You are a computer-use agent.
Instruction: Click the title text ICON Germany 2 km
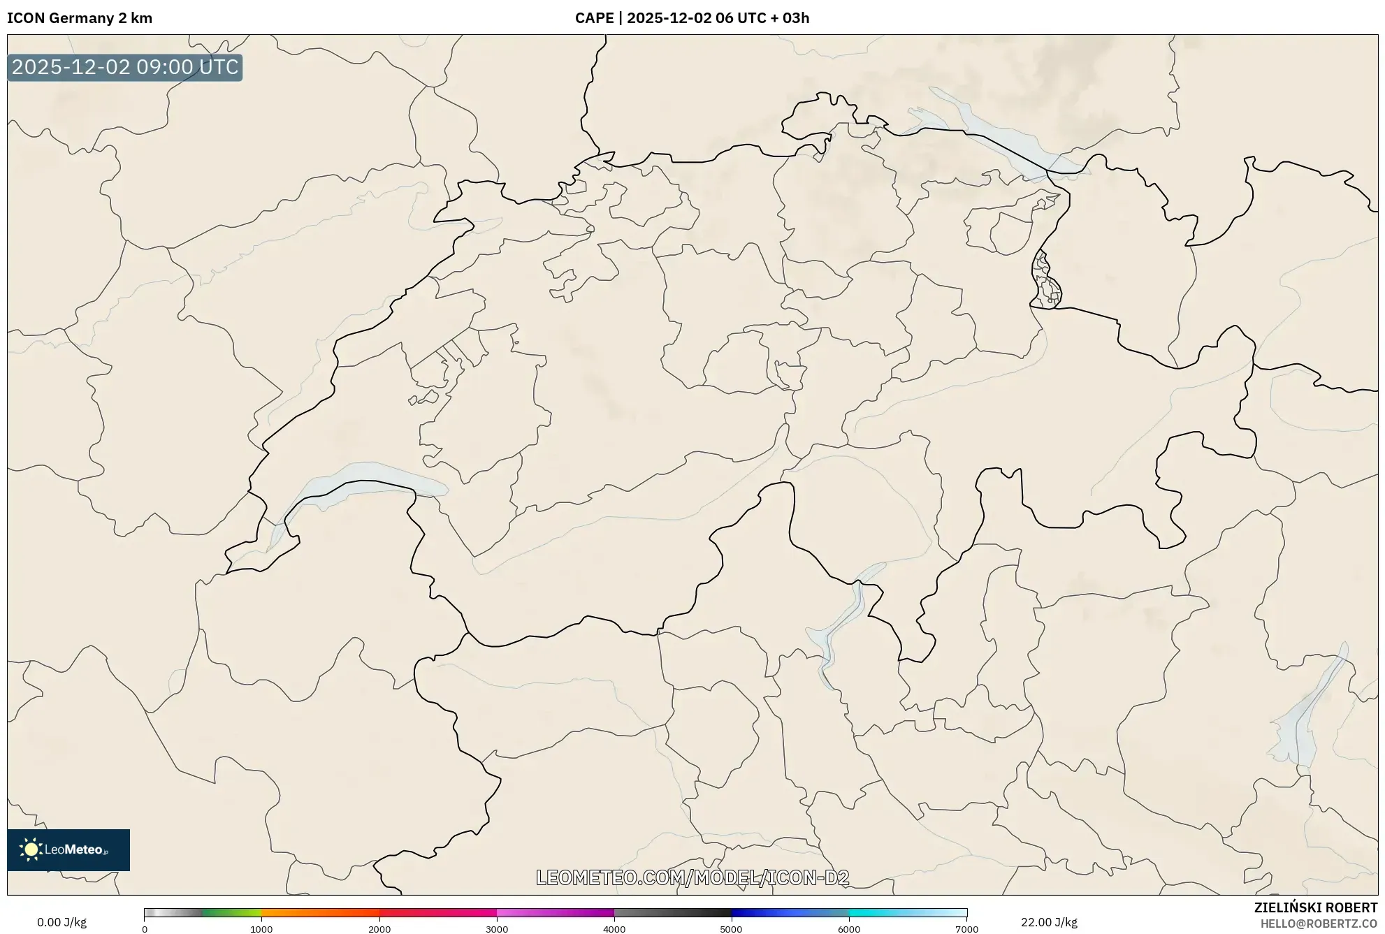click(80, 18)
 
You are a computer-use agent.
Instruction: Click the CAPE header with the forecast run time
click(692, 18)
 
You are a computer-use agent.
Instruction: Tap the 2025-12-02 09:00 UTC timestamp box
click(125, 67)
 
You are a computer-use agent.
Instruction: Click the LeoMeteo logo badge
click(68, 849)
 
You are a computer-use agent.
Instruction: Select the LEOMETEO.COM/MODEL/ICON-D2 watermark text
click(692, 878)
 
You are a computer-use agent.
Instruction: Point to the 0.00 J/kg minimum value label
click(61, 922)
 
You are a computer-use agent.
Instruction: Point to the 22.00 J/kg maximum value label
click(1048, 922)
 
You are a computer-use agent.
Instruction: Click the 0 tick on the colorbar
click(145, 929)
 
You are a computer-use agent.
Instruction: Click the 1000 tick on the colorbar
click(261, 929)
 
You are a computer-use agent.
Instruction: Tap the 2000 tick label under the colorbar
click(379, 929)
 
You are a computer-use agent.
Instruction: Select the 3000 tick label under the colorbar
click(497, 929)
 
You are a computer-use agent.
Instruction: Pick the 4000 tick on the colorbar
click(614, 929)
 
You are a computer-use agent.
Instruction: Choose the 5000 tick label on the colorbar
click(732, 929)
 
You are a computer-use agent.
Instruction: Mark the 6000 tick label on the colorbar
click(849, 929)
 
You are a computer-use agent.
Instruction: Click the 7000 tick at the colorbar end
click(966, 929)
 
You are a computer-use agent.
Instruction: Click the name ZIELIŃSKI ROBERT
click(1315, 907)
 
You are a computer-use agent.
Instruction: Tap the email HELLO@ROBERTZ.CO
click(1319, 924)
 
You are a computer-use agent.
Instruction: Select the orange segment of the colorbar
click(307, 912)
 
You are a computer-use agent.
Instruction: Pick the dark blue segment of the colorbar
click(762, 912)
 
